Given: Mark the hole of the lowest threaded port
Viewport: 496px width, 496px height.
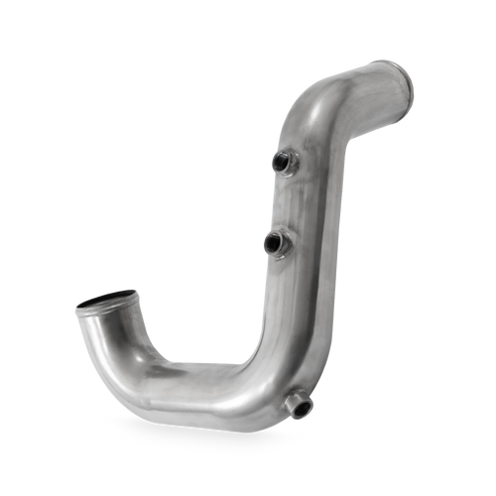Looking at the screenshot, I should pyautogui.click(x=299, y=406).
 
